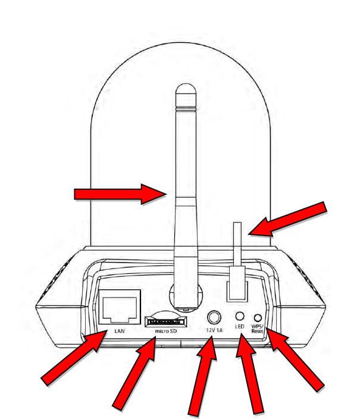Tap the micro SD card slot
click(161, 320)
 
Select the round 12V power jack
click(214, 317)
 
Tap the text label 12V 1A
click(214, 330)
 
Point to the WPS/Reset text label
click(258, 330)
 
